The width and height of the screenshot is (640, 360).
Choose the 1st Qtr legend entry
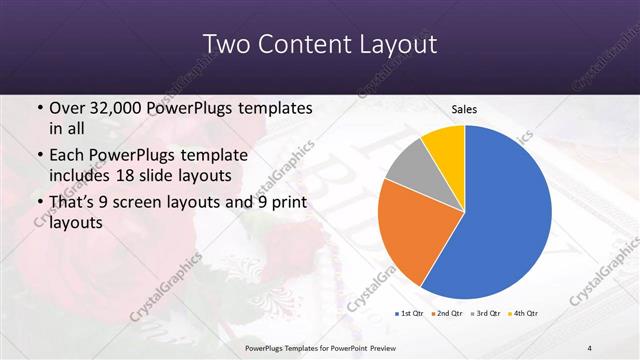point(410,314)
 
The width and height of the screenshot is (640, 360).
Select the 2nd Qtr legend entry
point(445,314)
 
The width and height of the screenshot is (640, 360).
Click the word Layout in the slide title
point(399,45)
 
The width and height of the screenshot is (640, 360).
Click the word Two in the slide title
point(225,45)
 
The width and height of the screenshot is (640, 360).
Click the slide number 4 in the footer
point(590,347)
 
